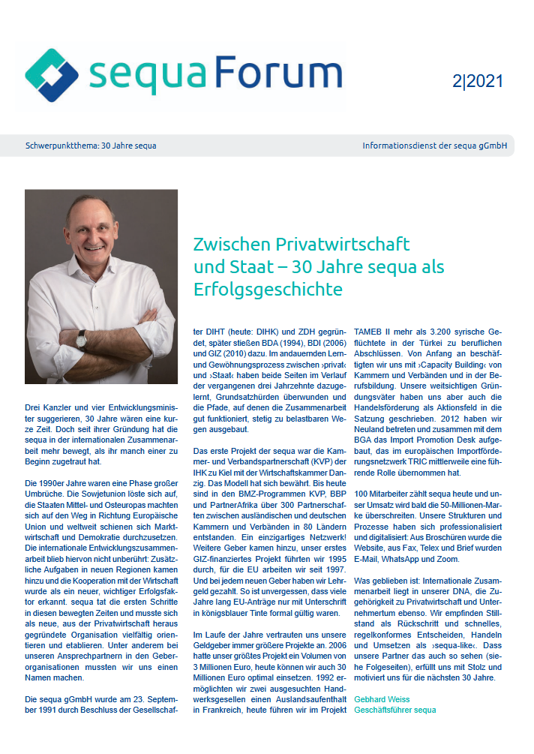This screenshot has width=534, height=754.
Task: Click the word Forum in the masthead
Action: click(277, 74)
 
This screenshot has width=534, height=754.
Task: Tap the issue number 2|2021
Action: click(478, 81)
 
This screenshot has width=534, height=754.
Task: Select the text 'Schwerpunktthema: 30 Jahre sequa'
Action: click(91, 146)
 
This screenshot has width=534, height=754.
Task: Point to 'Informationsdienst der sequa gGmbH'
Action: click(433, 146)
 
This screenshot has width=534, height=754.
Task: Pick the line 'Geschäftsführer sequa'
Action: click(394, 710)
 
